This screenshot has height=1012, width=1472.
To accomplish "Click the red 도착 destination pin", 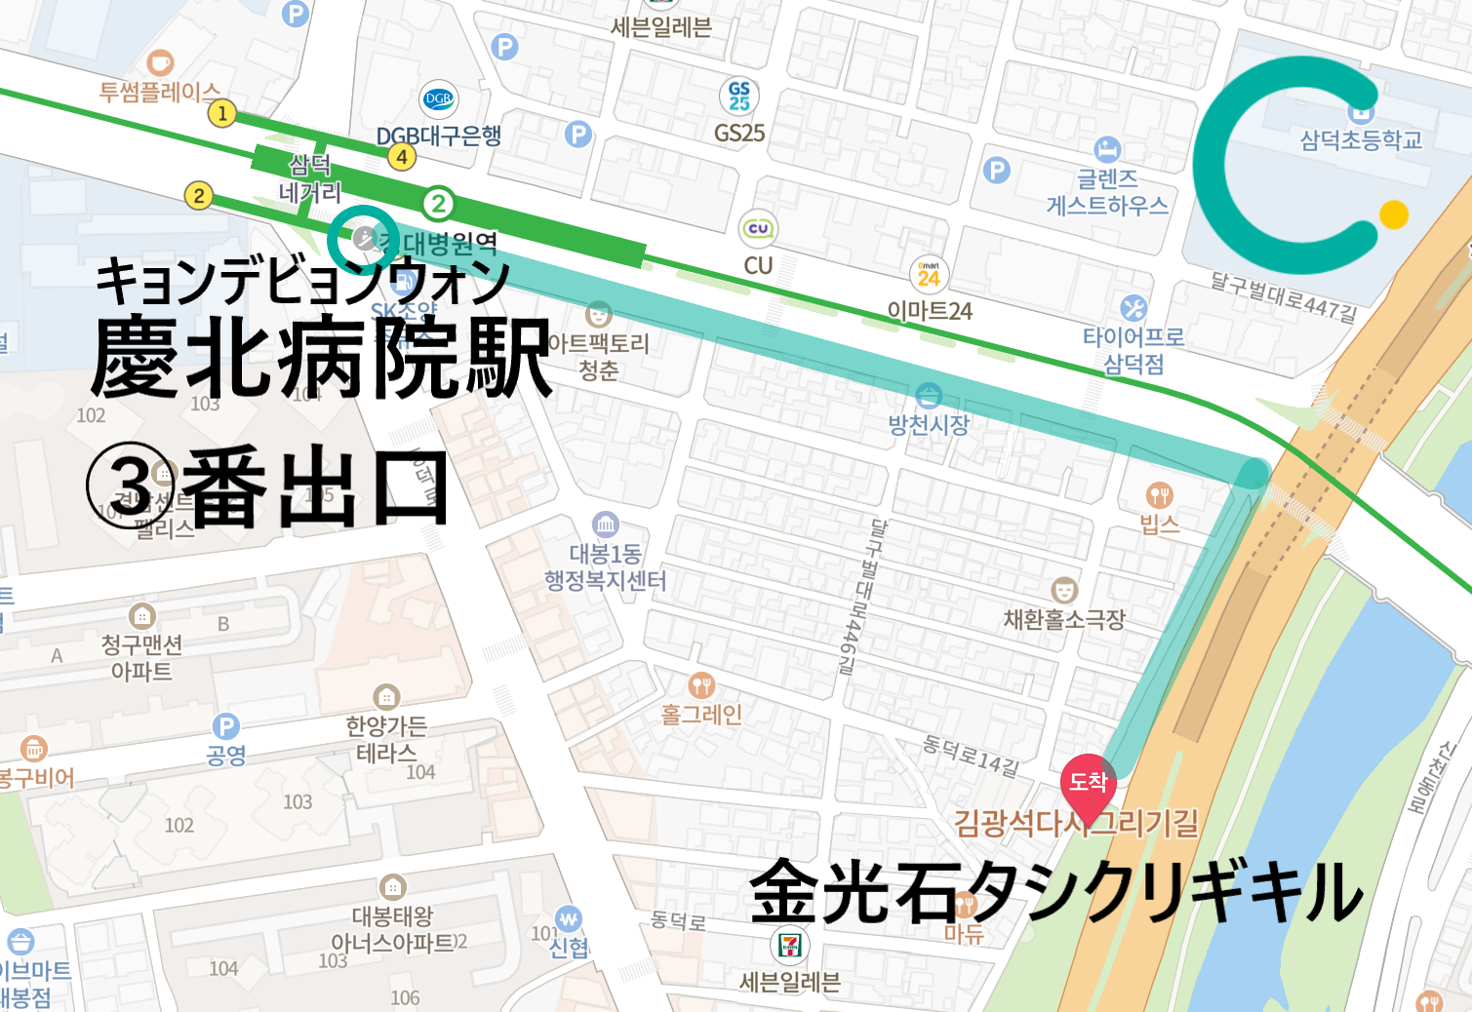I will point(1088,781).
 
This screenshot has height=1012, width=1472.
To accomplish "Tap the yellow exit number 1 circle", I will point(222,113).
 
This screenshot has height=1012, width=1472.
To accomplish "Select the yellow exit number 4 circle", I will point(402,156).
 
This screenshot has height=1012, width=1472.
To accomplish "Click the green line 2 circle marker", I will point(438,204).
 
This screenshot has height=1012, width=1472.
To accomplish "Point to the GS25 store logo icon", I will point(739,96).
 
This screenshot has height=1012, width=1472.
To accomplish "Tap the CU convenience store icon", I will point(758,229).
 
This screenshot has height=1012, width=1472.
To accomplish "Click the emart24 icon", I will point(929,275).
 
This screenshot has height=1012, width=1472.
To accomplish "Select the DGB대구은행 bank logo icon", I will point(439,98).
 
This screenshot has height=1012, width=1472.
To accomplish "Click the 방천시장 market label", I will point(929,424).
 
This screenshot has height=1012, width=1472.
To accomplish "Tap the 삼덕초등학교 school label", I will point(1361,140).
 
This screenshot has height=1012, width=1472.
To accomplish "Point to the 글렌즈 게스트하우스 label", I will point(1107,192).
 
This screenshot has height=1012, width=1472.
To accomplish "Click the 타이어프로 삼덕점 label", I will point(1134,350).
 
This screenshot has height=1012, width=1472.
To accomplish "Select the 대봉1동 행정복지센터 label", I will point(605,567).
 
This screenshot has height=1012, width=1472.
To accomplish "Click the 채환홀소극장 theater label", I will point(1064,619).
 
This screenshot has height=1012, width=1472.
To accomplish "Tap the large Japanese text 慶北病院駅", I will point(322,358).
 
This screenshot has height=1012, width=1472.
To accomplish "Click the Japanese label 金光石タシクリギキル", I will point(1056,891).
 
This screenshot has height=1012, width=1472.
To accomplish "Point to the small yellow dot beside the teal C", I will point(1394,214).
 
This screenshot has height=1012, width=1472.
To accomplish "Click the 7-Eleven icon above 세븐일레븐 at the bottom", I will point(789,944).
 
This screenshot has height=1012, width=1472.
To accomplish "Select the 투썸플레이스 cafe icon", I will point(160,63).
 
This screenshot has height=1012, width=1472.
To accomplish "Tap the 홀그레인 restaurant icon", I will point(701,686).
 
